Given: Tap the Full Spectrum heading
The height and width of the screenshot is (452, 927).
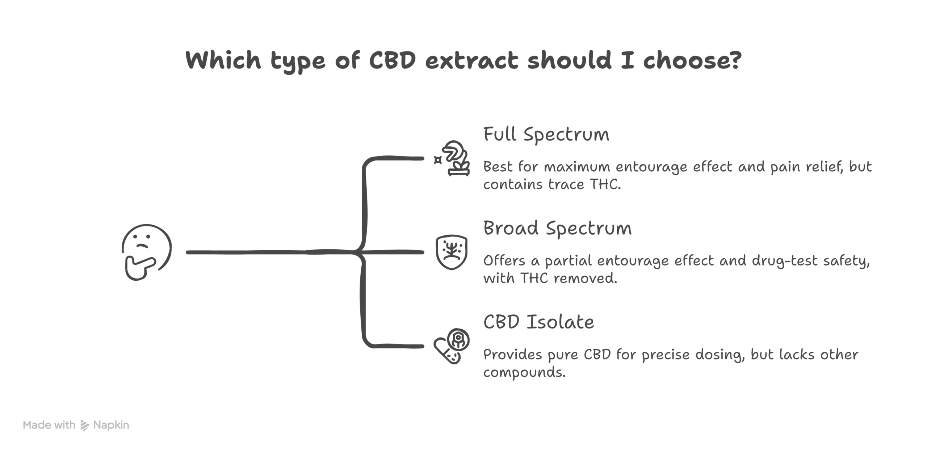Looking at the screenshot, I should point(546,135).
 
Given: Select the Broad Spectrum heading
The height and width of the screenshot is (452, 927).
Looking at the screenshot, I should point(557,229).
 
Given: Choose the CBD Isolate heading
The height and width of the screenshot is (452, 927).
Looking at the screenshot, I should point(538,322).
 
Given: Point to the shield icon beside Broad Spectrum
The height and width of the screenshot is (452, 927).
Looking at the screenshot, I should point(451,252).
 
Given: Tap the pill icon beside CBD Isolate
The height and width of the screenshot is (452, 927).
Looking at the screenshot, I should point(451,346).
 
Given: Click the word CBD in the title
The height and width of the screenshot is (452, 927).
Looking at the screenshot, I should point(393,60).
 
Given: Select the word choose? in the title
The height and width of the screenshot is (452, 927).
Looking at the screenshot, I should point(692,60).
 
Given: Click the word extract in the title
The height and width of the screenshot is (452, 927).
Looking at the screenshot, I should point(471,60).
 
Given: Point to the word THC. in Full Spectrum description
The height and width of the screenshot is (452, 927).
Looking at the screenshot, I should point(605,184).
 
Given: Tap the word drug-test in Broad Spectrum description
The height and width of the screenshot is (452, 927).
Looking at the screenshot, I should point(785,261).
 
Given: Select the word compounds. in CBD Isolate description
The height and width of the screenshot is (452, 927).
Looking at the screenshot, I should point(524,372).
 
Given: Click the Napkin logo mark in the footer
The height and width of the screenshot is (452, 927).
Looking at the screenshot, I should point(85,425).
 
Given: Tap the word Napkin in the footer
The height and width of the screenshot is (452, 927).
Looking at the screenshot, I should point(111,425).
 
